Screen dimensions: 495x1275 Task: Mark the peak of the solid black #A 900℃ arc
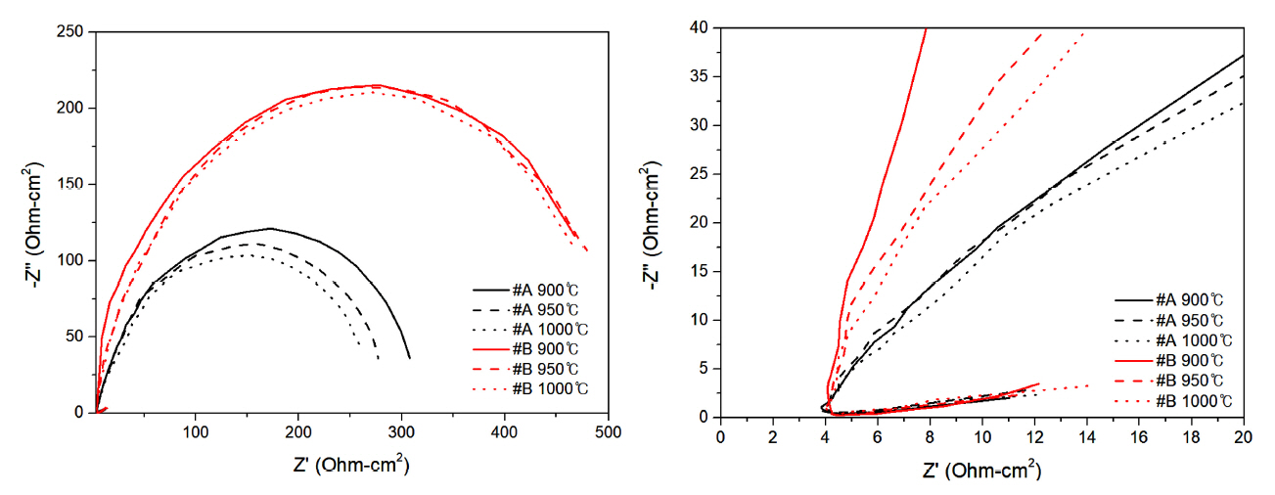(269, 228)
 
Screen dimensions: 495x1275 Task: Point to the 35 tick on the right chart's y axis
(720, 76)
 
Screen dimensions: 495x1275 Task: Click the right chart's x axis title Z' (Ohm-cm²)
(981, 471)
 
